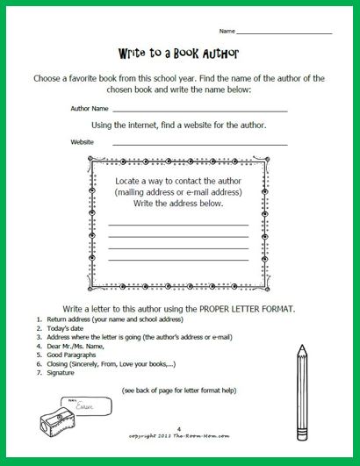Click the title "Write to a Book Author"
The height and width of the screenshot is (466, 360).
[x=179, y=53]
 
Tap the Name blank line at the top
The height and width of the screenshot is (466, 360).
[x=299, y=32]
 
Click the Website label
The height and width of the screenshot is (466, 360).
[x=83, y=141]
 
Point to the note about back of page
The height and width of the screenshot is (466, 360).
[x=179, y=388]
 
